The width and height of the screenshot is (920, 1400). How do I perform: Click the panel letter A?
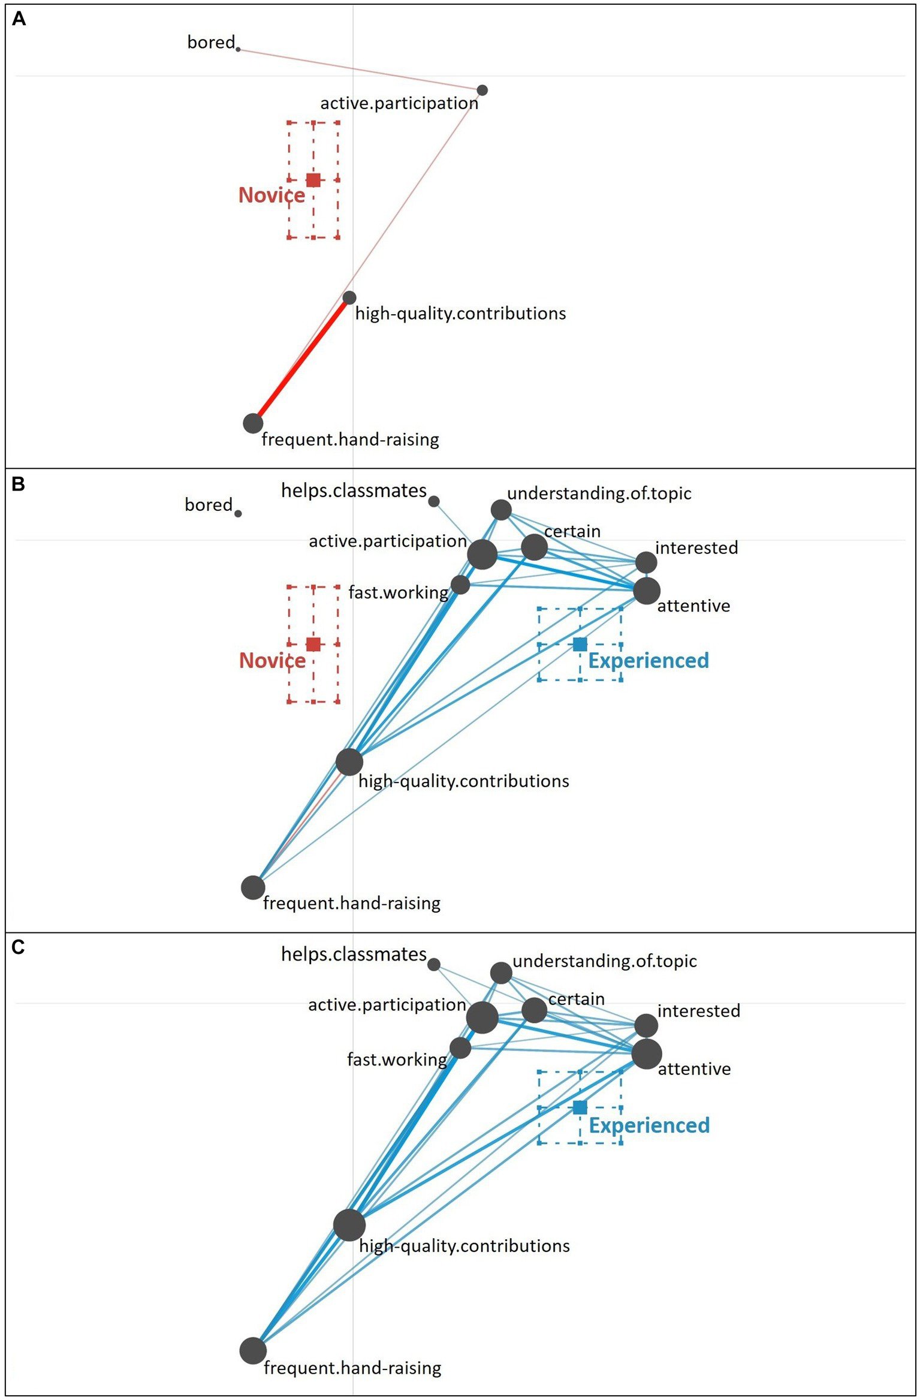(19, 20)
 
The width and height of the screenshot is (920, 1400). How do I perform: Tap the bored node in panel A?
(238, 49)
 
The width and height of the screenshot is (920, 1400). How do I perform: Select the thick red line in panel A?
(301, 361)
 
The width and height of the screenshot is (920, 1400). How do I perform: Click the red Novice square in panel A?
(313, 179)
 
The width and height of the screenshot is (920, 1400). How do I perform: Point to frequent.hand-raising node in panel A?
(253, 423)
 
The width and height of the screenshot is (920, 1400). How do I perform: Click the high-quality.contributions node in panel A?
(349, 297)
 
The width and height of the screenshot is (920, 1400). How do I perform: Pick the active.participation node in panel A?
(482, 91)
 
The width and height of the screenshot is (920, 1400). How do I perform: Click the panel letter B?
(18, 484)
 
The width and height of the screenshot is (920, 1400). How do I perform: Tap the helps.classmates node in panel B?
(434, 501)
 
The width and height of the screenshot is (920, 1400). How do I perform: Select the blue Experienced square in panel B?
(580, 645)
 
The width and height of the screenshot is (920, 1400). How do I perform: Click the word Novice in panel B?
(272, 660)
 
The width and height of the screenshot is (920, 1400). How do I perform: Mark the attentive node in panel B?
(647, 591)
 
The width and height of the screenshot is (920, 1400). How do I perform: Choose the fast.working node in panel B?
(460, 584)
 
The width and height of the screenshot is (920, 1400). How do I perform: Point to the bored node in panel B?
(238, 513)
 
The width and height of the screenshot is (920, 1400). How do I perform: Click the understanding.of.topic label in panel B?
(599, 493)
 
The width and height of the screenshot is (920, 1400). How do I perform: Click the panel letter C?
(18, 947)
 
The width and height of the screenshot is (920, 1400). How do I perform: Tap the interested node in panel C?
(646, 1025)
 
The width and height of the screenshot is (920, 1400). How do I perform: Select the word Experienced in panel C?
(649, 1125)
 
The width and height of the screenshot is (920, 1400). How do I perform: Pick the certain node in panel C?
(534, 1010)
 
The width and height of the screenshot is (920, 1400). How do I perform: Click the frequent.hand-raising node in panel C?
(253, 1351)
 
